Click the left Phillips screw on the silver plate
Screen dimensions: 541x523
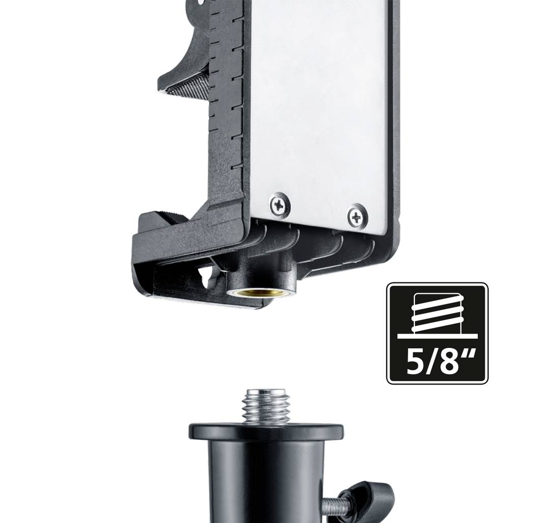279,205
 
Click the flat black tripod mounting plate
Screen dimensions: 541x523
266,431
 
